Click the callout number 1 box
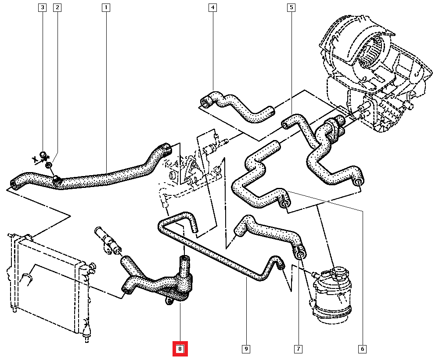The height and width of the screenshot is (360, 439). pos(106,7)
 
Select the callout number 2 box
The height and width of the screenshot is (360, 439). pos(57,7)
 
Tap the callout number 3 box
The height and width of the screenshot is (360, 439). pos(43,7)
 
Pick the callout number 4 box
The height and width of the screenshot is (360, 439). pos(212,7)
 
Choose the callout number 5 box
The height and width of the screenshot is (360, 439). pos(291,7)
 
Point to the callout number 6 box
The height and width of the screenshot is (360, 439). pos(363,349)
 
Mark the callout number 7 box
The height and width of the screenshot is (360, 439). pos(298,349)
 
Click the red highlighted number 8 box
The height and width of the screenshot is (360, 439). pos(180,349)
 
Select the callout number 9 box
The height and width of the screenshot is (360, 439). pos(246,349)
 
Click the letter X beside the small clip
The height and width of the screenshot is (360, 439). pos(34,160)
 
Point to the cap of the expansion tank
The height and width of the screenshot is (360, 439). pos(338,273)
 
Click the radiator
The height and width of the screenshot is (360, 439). pos(48,285)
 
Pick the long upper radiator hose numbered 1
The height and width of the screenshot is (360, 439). pos(101,176)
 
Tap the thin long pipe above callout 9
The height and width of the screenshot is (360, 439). pos(219,255)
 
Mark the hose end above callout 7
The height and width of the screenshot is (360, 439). pos(300,253)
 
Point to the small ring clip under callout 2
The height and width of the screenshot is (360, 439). pos(49,165)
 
